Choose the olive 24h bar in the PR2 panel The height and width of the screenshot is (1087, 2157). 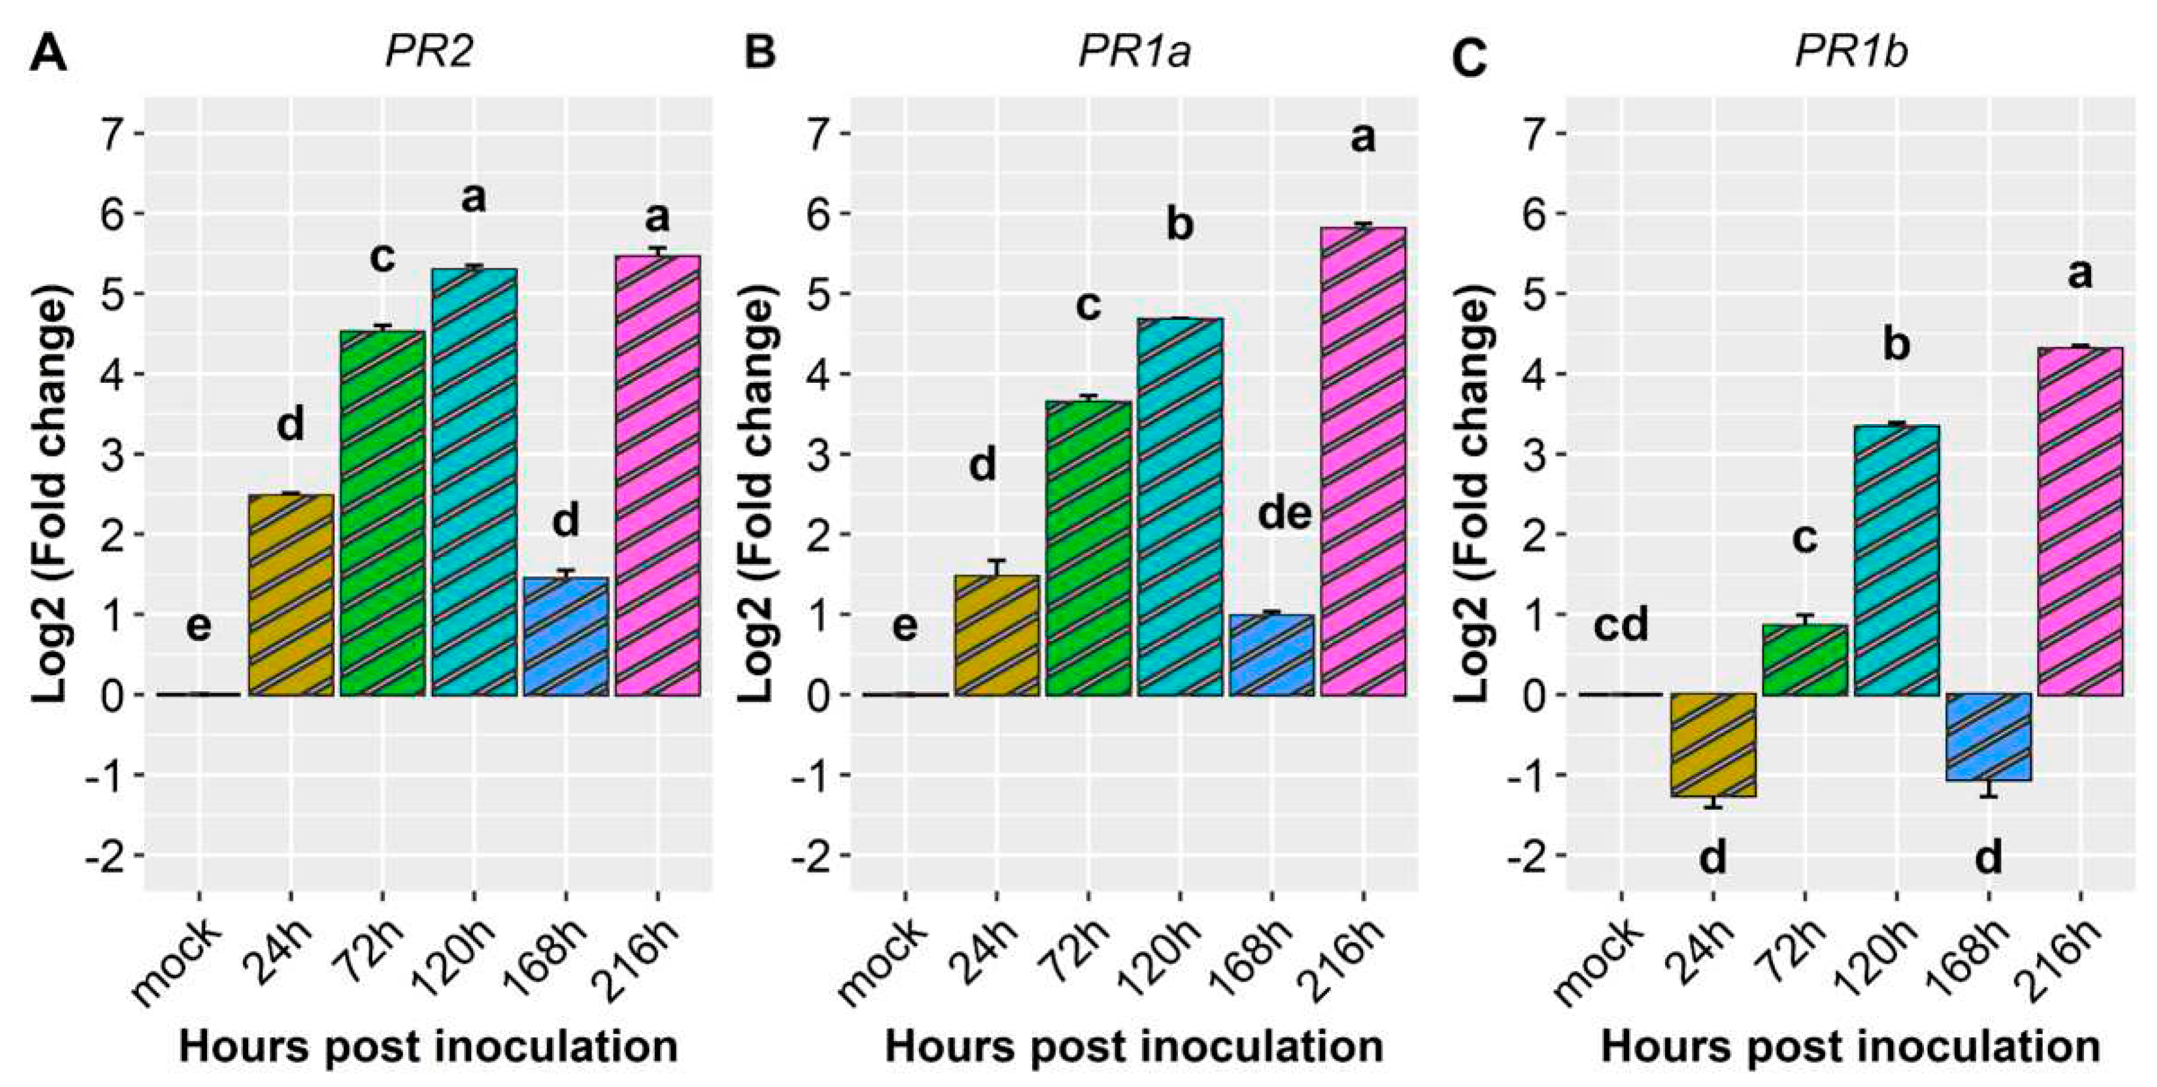pos(291,594)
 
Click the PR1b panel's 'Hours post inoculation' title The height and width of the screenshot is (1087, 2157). pos(1850,1047)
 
